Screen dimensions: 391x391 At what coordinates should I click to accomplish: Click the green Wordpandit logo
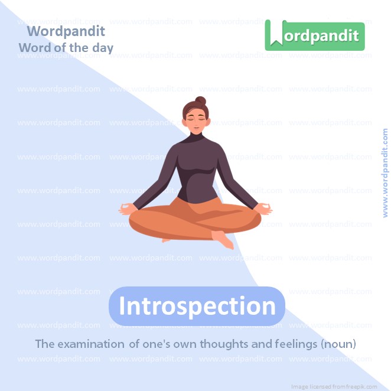pyautogui.click(x=314, y=35)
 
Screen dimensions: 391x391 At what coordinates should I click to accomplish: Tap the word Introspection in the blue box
pyautogui.click(x=197, y=306)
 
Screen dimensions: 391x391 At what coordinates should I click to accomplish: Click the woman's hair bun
pyautogui.click(x=201, y=102)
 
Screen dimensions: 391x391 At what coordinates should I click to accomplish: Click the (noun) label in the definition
pyautogui.click(x=338, y=343)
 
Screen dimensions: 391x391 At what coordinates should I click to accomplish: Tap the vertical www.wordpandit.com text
pyautogui.click(x=386, y=173)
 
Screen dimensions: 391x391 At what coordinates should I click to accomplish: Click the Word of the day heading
pyautogui.click(x=66, y=47)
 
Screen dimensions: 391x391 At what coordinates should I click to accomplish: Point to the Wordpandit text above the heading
pyautogui.click(x=66, y=31)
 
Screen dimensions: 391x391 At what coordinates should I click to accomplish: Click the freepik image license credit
pyautogui.click(x=335, y=386)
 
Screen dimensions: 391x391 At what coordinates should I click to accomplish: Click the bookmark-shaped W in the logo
pyautogui.click(x=274, y=35)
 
